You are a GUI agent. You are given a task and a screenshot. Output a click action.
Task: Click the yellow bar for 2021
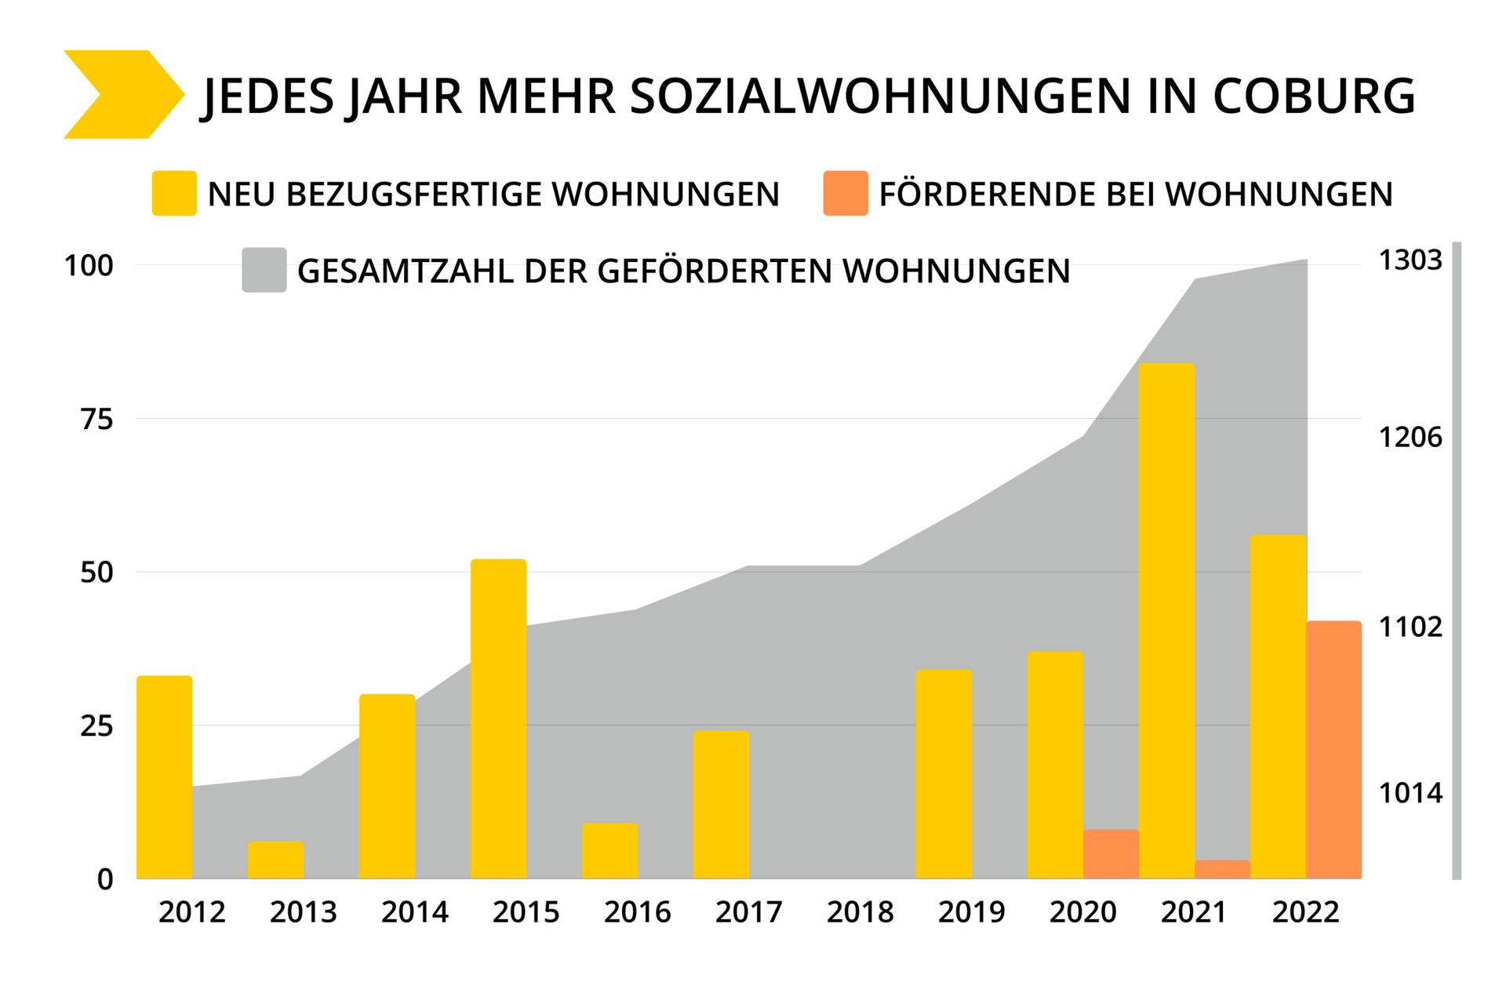[x=1166, y=620]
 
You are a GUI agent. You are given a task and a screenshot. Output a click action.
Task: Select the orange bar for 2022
[x=1333, y=749]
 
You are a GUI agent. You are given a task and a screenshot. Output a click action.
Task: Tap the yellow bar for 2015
[x=498, y=718]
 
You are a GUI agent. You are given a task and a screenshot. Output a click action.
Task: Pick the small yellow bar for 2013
[x=275, y=860]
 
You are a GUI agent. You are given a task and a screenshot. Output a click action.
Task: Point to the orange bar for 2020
[x=1111, y=854]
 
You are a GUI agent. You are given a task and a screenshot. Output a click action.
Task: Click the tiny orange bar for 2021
[x=1222, y=869]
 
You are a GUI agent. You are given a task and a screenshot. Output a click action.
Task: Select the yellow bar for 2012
[x=164, y=777]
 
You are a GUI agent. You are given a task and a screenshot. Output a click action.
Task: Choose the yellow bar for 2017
[x=721, y=804]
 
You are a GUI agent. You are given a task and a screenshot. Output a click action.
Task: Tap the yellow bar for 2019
[x=944, y=773]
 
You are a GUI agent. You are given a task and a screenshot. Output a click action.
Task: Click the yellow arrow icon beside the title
[x=122, y=95]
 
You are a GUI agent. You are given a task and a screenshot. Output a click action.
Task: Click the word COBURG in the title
[x=1314, y=96]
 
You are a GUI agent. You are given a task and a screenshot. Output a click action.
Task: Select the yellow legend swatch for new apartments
[x=174, y=193]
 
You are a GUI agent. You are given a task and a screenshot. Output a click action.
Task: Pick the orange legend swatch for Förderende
[x=846, y=193]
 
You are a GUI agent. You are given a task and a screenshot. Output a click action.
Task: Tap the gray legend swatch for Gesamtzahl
[x=264, y=271]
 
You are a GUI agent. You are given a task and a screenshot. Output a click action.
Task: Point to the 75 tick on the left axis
[x=96, y=420]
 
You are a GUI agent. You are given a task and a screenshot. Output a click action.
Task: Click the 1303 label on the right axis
[x=1410, y=260]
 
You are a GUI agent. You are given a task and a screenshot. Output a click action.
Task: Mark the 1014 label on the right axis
[x=1410, y=794]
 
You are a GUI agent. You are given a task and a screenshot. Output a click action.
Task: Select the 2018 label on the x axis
[x=860, y=912]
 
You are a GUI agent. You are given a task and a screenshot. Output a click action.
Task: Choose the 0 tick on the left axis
[x=105, y=880]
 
